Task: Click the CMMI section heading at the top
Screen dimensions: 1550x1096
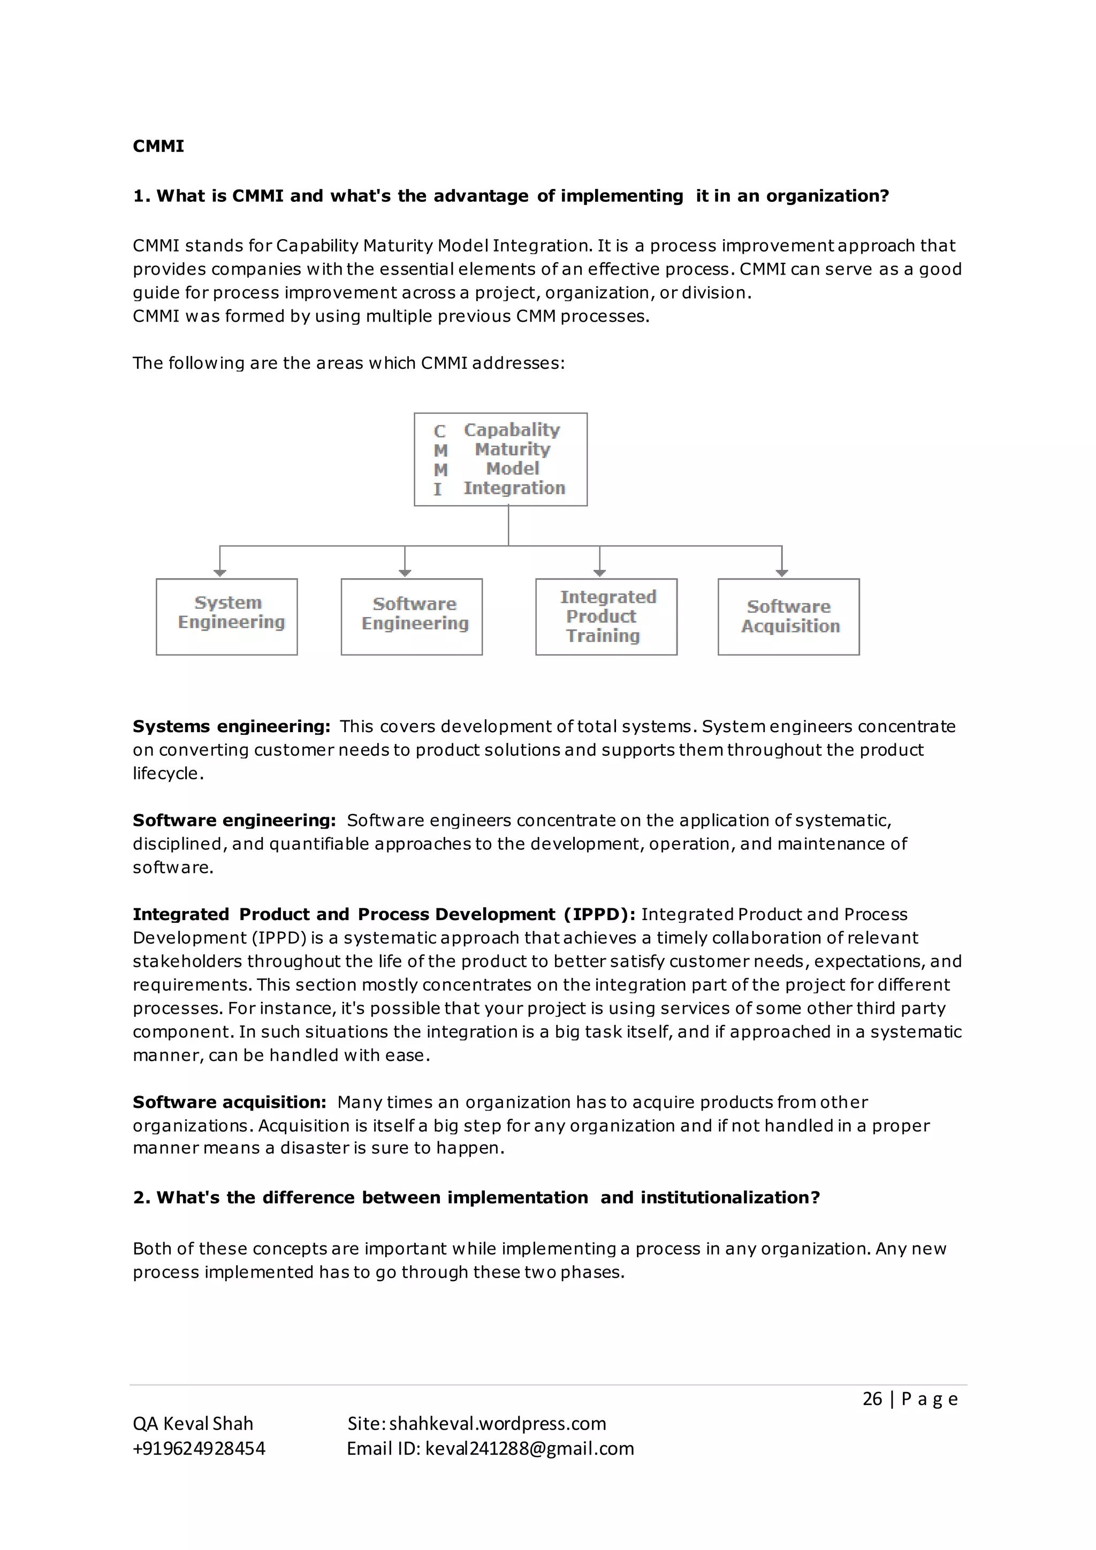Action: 158,147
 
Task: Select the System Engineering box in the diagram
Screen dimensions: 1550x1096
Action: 227,617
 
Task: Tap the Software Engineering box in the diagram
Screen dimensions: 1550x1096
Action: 412,617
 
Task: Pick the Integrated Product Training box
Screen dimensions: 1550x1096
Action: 606,617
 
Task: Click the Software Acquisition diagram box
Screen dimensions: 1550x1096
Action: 788,617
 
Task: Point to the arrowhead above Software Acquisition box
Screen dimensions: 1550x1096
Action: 781,573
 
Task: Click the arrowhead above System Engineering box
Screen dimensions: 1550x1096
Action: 220,573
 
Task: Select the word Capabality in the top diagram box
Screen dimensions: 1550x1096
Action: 512,430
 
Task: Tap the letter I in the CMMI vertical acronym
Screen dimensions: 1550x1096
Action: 438,489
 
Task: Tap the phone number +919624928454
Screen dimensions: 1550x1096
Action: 199,1448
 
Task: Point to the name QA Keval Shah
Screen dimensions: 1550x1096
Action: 193,1424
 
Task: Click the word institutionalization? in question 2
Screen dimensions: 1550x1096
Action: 730,1198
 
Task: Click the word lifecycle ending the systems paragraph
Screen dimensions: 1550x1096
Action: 166,773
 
